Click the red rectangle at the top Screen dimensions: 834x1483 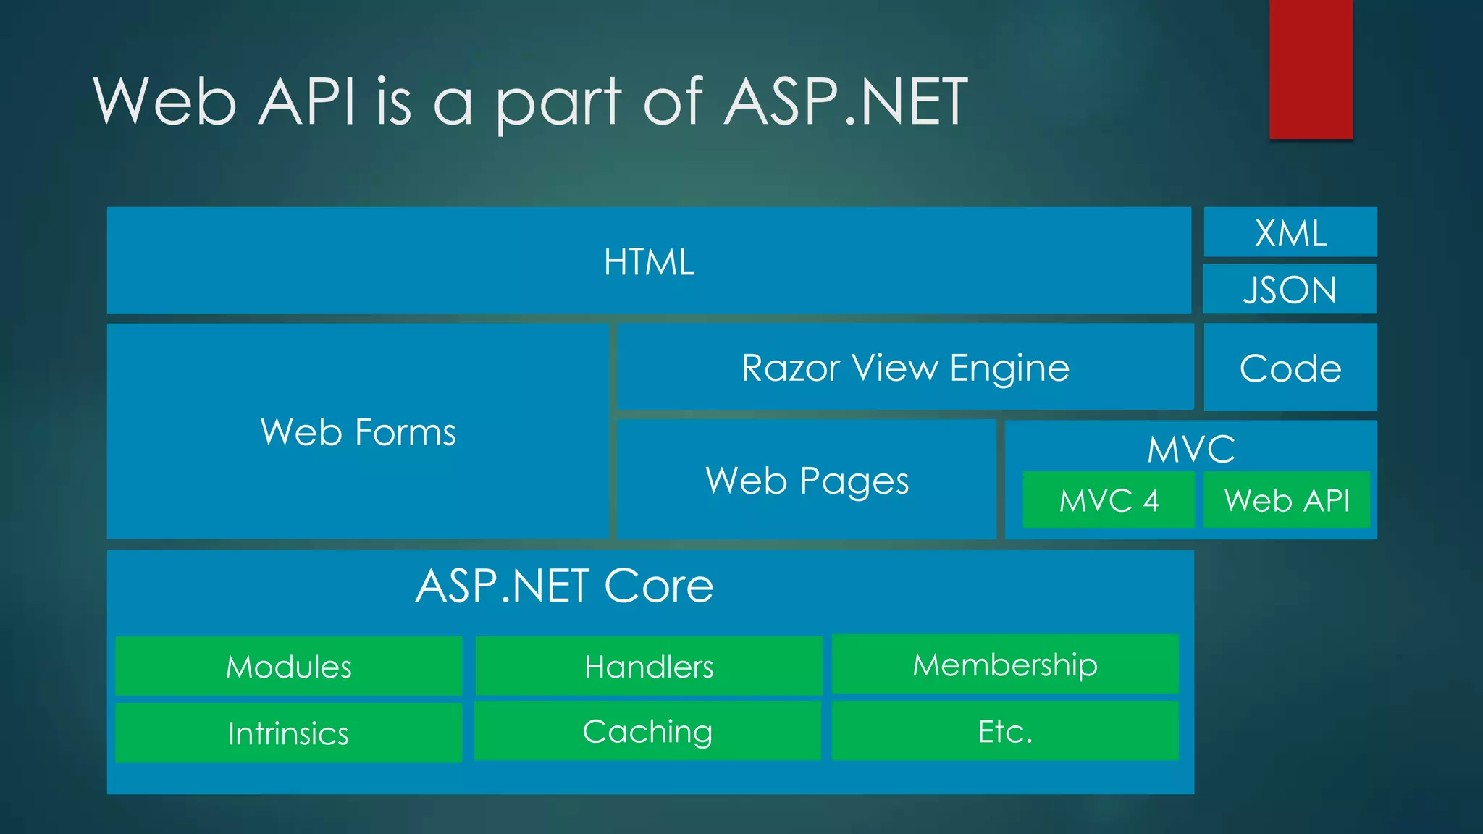click(x=1311, y=69)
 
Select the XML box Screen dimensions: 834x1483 click(x=1290, y=232)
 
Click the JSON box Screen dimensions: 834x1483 click(x=1290, y=289)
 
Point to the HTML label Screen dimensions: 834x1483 click(x=649, y=262)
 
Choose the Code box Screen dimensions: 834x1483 click(x=1290, y=368)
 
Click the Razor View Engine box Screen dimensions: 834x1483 click(x=905, y=367)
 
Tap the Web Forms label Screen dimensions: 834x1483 click(x=358, y=432)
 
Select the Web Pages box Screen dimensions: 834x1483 click(x=807, y=480)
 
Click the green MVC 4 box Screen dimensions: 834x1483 click(x=1108, y=500)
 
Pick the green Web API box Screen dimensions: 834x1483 click(x=1287, y=500)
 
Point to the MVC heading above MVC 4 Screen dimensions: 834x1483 click(x=1191, y=449)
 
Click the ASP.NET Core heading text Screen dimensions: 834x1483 click(x=564, y=586)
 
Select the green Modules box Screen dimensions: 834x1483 click(x=288, y=667)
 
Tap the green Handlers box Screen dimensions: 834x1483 click(x=649, y=667)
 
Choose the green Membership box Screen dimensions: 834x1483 click(x=1005, y=665)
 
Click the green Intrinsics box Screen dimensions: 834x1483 click(x=288, y=733)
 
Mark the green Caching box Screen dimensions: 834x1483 click(x=647, y=731)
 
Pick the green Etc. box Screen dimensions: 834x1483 click(x=1005, y=731)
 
